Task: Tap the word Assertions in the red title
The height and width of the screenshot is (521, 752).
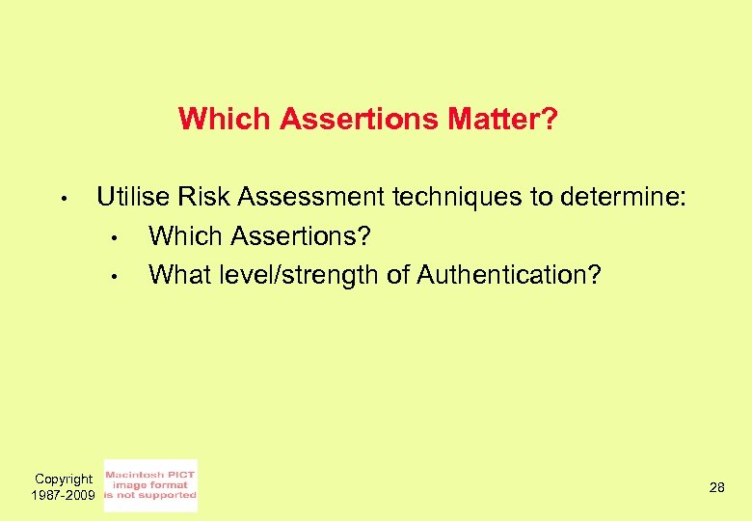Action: tap(360, 120)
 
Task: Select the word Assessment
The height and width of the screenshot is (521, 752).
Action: tap(311, 198)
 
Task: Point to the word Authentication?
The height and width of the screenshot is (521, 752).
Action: tap(508, 275)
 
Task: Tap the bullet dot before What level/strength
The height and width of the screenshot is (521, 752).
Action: tap(113, 278)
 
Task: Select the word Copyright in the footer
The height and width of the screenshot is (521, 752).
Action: tap(64, 479)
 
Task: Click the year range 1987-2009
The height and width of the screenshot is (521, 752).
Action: tap(64, 495)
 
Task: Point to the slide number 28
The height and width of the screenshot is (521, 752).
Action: tap(716, 488)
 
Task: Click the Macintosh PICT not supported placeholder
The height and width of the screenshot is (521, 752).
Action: tap(149, 485)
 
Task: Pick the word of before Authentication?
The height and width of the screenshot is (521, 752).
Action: tap(398, 275)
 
